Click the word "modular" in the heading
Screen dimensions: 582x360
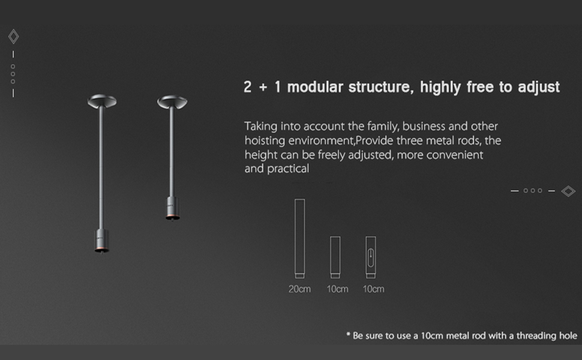pyautogui.click(x=315, y=87)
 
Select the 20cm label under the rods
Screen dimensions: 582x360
pyautogui.click(x=299, y=289)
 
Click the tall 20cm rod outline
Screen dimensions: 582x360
pyautogui.click(x=299, y=238)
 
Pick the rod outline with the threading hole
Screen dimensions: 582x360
pyautogui.click(x=370, y=257)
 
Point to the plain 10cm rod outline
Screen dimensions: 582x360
pyautogui.click(x=335, y=257)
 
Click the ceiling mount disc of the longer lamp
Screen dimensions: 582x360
pyautogui.click(x=102, y=101)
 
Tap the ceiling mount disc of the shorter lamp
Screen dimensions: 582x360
pyautogui.click(x=172, y=102)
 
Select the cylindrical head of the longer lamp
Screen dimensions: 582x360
pyautogui.click(x=102, y=241)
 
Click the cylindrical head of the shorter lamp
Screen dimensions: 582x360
pyautogui.click(x=173, y=208)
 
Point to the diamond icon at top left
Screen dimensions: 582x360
pyautogui.click(x=14, y=37)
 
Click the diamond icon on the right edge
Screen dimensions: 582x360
pyautogui.click(x=568, y=191)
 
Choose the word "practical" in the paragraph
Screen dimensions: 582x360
pyautogui.click(x=287, y=169)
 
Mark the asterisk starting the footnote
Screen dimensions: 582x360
pyautogui.click(x=348, y=334)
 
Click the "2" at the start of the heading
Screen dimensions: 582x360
pyautogui.click(x=248, y=87)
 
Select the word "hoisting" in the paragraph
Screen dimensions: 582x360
pyautogui.click(x=265, y=141)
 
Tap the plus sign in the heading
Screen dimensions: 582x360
pyautogui.click(x=263, y=88)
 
